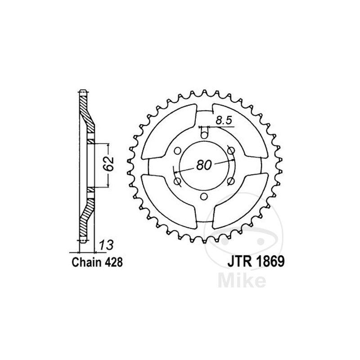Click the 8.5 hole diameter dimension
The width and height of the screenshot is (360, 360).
pyautogui.click(x=224, y=120)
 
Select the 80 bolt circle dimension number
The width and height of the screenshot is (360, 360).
pyautogui.click(x=204, y=165)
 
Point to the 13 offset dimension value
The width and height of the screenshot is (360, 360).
pyautogui.click(x=106, y=245)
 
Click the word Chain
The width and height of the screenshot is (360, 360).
pyautogui.click(x=86, y=262)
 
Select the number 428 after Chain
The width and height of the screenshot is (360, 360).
pyautogui.click(x=114, y=262)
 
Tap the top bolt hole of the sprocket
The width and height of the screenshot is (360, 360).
pyautogui.click(x=204, y=135)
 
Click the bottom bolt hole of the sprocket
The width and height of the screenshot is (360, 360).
pyautogui.click(x=204, y=197)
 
